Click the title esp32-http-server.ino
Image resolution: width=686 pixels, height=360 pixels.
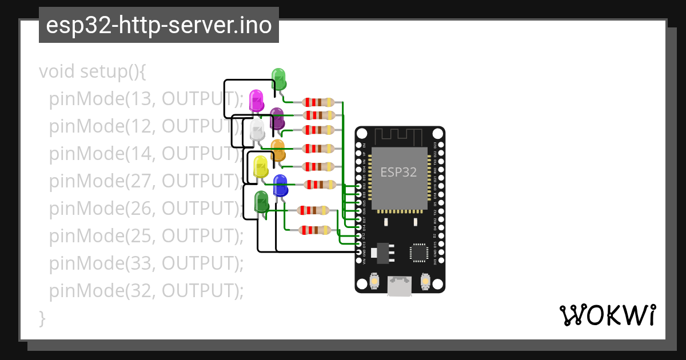tap(158, 25)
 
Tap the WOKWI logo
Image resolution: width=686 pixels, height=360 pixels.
tap(607, 315)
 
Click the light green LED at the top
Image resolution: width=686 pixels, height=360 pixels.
tap(278, 78)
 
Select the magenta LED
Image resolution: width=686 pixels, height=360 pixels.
tap(256, 100)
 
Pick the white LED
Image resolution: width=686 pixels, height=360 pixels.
tap(257, 130)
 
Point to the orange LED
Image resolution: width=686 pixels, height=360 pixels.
tap(278, 149)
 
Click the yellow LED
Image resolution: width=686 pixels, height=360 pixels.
tap(261, 166)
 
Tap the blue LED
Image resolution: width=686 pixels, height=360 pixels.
tap(280, 186)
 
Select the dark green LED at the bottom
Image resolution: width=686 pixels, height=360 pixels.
tap(261, 202)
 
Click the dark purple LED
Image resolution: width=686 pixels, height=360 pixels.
tap(277, 118)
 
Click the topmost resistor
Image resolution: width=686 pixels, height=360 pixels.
tap(318, 102)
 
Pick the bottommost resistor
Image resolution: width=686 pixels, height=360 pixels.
tap(314, 230)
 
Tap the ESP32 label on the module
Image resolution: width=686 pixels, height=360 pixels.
tap(398, 171)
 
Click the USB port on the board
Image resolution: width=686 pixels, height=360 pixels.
tap(400, 286)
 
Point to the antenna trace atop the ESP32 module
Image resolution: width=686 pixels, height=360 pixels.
tap(399, 137)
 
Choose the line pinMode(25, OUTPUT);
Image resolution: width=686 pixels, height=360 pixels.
tap(146, 235)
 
